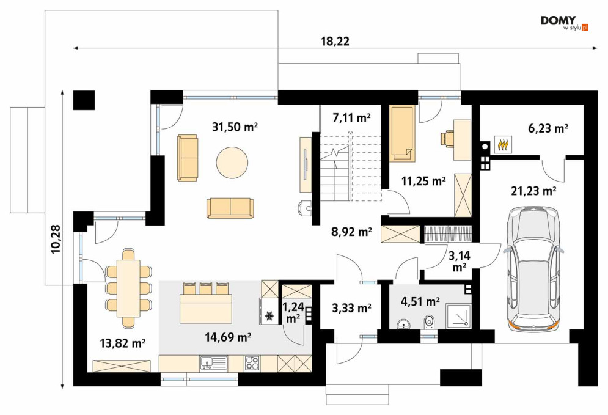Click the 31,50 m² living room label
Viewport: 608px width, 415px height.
click(235, 127)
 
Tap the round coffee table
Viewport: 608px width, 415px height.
click(232, 163)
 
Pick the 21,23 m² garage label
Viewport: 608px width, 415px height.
click(534, 191)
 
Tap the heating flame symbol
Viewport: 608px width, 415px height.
click(503, 144)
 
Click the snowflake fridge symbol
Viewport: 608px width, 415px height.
click(269, 317)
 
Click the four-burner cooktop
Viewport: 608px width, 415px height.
click(252, 363)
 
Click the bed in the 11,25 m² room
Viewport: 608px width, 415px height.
click(401, 133)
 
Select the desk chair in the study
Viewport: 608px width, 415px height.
click(447, 139)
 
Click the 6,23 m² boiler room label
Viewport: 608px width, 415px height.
click(548, 128)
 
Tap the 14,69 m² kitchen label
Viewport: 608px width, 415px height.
click(228, 337)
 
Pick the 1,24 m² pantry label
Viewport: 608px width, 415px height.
click(293, 312)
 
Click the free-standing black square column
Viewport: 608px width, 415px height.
click(84, 100)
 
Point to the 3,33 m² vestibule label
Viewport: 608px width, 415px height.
click(352, 308)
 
